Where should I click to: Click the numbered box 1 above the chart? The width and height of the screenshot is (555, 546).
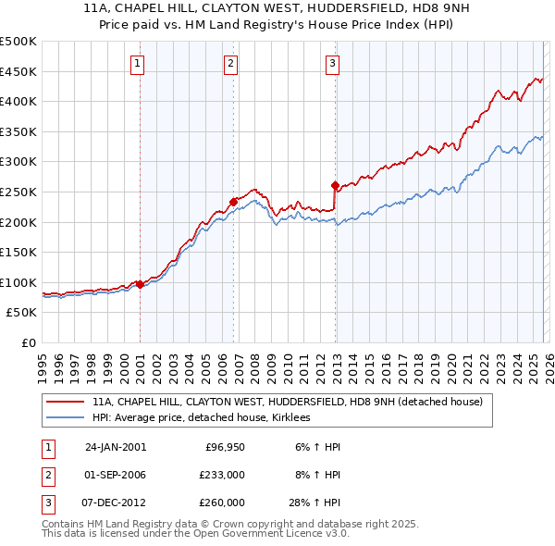[137, 64]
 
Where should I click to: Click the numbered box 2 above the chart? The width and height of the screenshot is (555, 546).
[230, 64]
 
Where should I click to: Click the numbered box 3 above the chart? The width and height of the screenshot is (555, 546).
[332, 64]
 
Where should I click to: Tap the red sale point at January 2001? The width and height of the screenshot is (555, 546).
[140, 284]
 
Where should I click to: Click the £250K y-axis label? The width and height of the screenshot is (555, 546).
[18, 192]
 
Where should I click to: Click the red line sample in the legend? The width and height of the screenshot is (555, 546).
[66, 403]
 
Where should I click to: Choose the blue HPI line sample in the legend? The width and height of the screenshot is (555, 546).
[66, 418]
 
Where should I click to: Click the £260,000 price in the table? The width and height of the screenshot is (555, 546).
[222, 503]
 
